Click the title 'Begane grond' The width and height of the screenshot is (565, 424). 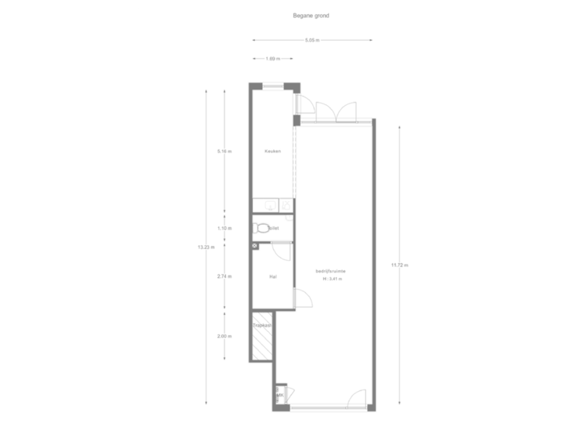click(312, 16)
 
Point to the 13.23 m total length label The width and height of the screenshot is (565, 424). click(205, 247)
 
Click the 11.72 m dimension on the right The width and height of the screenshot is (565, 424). click(400, 265)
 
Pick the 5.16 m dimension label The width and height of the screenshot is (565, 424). click(225, 152)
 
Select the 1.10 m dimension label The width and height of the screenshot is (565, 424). click(225, 228)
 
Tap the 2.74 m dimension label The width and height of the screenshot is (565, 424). click(225, 276)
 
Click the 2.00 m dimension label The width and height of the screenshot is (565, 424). click(225, 336)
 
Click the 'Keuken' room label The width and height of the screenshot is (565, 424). click(272, 152)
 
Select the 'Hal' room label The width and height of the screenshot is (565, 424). click(272, 276)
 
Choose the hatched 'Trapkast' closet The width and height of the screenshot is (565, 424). click(261, 339)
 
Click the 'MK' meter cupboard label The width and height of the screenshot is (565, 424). click(279, 395)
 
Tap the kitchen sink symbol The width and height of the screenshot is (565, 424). click(272, 206)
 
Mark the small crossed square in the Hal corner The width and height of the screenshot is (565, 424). click(255, 246)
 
